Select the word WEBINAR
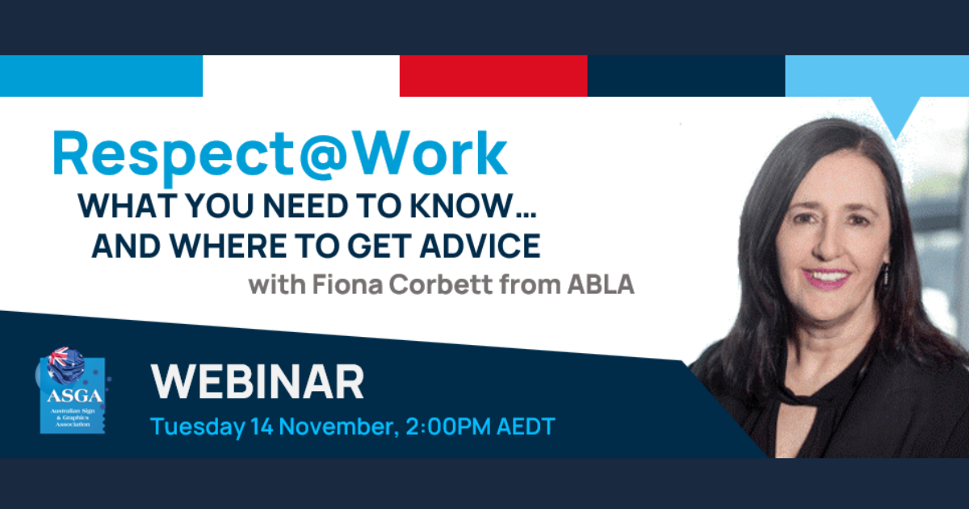coord(258,381)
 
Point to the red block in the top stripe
coord(493,76)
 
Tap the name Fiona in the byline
coord(348,284)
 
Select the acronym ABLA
coord(601,284)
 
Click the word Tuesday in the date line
coord(198,427)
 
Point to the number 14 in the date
coord(262,426)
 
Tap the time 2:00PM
coord(448,426)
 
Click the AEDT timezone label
coord(526,426)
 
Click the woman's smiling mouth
coord(826,279)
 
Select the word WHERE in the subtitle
coord(228,246)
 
